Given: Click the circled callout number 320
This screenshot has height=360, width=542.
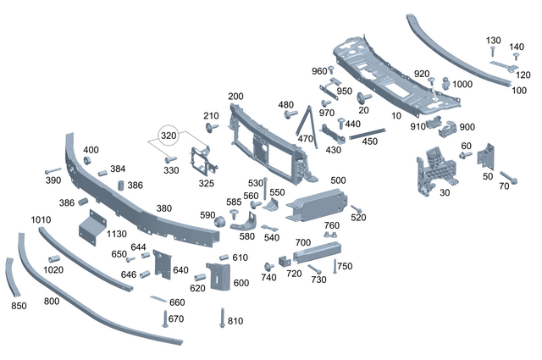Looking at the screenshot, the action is pyautogui.click(x=169, y=136).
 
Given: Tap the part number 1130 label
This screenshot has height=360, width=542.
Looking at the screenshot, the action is pyautogui.click(x=117, y=234).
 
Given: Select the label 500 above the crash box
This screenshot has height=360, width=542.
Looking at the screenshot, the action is pyautogui.click(x=338, y=180).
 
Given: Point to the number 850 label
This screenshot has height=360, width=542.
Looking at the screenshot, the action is pyautogui.click(x=19, y=306).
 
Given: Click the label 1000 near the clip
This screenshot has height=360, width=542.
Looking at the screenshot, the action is pyautogui.click(x=462, y=85).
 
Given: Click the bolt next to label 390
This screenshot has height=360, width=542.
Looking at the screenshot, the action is pyautogui.click(x=53, y=171).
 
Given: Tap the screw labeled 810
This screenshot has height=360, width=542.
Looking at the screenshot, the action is pyautogui.click(x=222, y=318).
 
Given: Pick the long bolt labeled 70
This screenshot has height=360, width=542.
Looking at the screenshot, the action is pyautogui.click(x=509, y=177).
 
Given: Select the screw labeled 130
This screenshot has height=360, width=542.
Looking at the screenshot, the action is pyautogui.click(x=493, y=51).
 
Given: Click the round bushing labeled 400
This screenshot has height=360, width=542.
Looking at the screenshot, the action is pyautogui.click(x=87, y=161).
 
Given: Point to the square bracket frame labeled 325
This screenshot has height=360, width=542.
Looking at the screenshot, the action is pyautogui.click(x=202, y=162).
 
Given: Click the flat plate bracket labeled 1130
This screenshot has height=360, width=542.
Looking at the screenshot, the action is pyautogui.click(x=92, y=228).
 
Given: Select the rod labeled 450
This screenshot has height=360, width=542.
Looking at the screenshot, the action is pyautogui.click(x=367, y=134).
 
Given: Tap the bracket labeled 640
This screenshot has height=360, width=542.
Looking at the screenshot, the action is pyautogui.click(x=162, y=264).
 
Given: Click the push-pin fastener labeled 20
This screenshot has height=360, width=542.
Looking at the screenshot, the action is pyautogui.click(x=363, y=98).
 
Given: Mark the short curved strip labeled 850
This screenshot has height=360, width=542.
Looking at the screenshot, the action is pyautogui.click(x=10, y=277).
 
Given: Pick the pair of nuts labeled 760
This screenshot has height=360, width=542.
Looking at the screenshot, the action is pyautogui.click(x=330, y=235).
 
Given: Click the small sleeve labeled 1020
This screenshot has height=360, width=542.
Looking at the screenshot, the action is pyautogui.click(x=54, y=259).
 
